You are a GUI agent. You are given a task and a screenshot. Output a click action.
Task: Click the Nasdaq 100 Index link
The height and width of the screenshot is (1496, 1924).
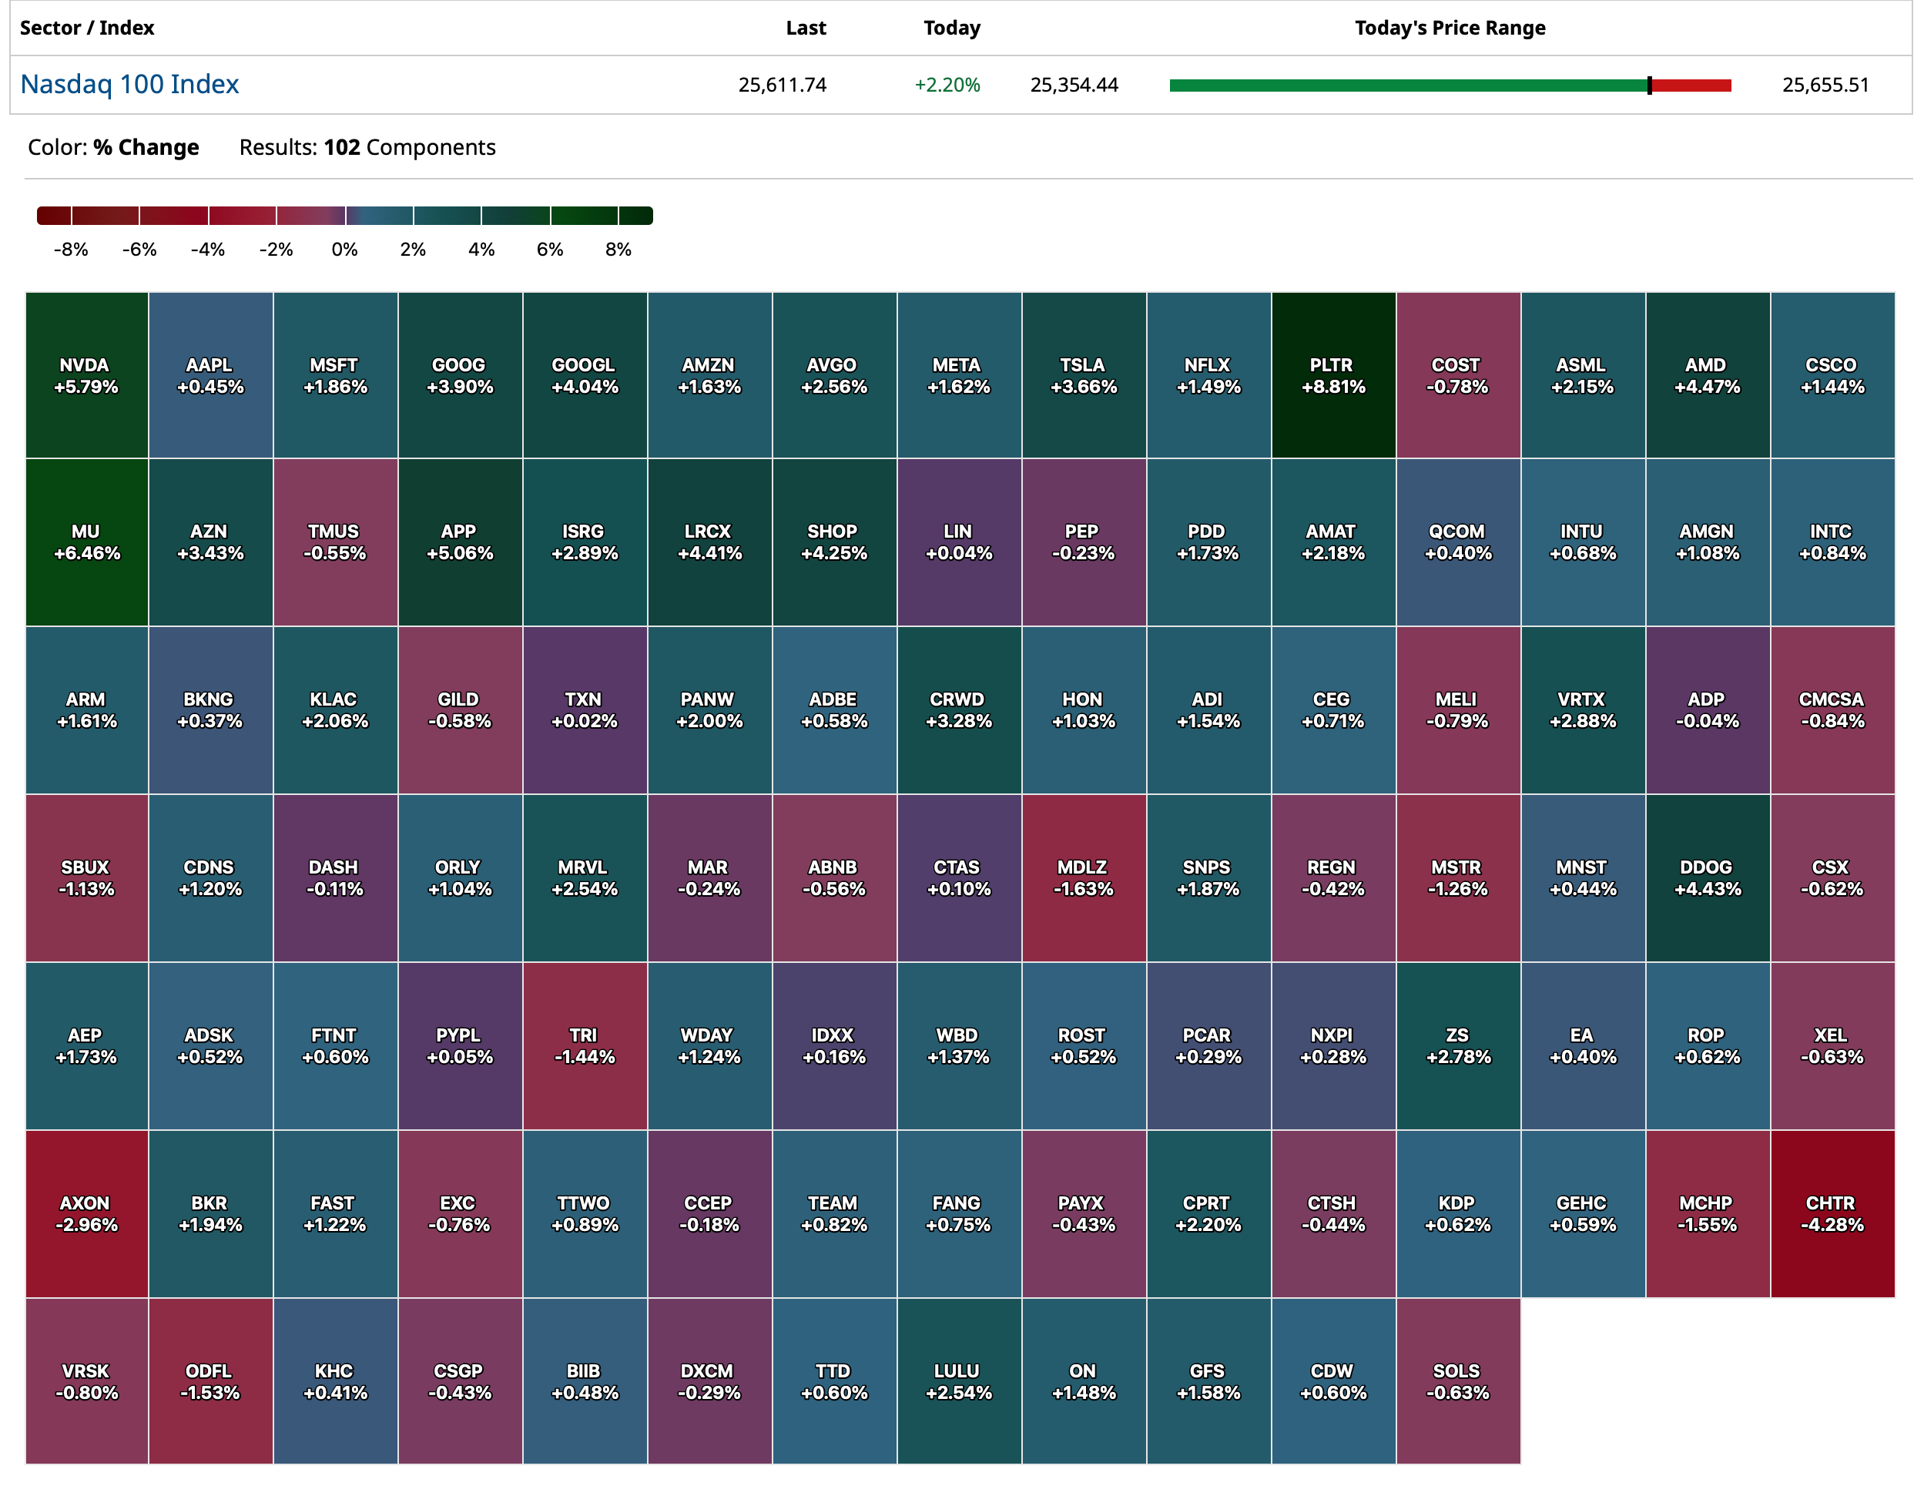point(129,85)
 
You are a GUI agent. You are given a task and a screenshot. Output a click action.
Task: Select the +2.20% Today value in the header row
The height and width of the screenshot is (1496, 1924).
point(947,85)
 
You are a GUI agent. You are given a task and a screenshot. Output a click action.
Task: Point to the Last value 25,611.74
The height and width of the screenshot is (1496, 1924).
point(783,85)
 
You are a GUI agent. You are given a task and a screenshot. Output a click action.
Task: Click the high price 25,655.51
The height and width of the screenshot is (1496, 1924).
point(1825,85)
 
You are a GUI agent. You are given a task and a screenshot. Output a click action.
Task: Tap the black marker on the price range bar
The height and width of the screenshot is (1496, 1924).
point(1649,86)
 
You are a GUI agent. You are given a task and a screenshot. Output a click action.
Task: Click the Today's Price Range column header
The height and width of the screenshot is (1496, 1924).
point(1450,29)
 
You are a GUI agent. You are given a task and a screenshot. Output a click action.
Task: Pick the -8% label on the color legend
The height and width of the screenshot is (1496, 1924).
point(71,250)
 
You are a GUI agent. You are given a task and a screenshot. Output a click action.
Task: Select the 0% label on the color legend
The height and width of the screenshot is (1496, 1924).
point(344,250)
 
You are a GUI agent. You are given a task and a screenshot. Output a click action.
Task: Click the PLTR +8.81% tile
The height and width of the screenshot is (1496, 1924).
point(1333,375)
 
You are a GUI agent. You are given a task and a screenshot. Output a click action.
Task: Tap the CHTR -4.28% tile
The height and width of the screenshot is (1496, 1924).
point(1832,1213)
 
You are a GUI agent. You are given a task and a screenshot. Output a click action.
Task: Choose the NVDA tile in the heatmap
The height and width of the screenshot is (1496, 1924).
point(86,375)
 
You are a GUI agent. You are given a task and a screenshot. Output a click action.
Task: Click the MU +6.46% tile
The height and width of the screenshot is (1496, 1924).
point(86,542)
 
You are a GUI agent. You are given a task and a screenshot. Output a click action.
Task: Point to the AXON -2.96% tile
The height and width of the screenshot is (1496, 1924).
point(86,1213)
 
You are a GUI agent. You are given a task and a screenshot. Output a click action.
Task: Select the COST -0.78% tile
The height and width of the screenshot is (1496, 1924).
point(1457,375)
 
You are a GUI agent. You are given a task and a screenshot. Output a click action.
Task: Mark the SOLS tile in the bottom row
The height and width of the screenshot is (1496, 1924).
point(1457,1380)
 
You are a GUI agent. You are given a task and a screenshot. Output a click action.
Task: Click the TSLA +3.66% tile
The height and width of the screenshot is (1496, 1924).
point(1084,375)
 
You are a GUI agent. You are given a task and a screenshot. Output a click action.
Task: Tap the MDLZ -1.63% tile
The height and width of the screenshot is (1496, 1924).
point(1084,877)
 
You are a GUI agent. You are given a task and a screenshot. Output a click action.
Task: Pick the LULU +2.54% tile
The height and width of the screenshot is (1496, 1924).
point(958,1380)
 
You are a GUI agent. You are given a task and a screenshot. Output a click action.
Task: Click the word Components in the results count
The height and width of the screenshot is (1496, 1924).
point(431,147)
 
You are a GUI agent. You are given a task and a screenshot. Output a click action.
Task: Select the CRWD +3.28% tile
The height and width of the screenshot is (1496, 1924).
point(958,709)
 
